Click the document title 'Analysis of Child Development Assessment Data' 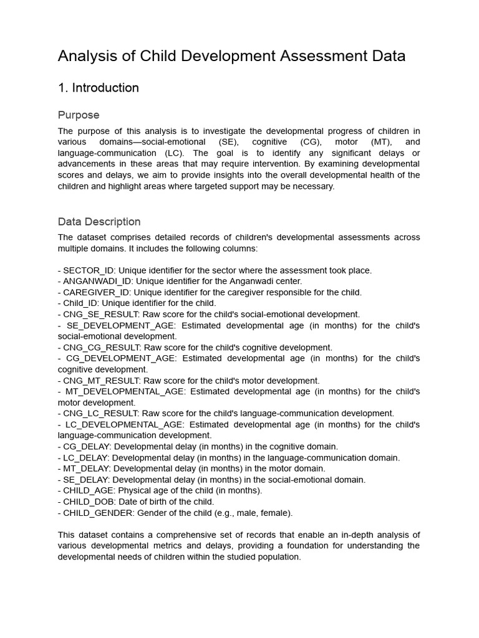click(x=231, y=56)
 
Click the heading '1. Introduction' click(x=98, y=88)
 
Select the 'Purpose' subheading click(x=79, y=115)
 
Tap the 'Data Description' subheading click(x=99, y=222)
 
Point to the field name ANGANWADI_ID click(x=97, y=281)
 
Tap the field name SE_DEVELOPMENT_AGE click(x=119, y=325)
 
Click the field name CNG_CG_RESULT click(x=102, y=348)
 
